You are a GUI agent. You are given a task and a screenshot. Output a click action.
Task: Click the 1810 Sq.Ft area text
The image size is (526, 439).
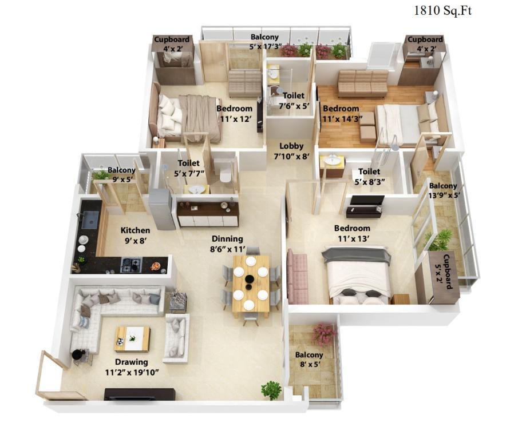click(443, 11)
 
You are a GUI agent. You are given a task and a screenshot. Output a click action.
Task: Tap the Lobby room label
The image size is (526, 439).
click(291, 146)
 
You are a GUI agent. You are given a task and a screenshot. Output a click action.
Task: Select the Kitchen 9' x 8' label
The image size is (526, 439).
click(135, 236)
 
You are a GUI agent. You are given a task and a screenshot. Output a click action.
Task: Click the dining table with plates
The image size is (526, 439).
click(251, 285)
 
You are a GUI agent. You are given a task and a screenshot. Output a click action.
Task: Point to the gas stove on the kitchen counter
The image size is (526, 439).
click(131, 265)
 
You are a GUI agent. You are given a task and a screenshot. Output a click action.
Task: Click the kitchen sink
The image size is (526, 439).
click(90, 220)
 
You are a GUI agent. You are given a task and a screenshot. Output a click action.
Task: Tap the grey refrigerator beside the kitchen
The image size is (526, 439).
click(162, 209)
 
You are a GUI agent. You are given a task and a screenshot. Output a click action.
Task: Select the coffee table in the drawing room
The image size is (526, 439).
click(133, 339)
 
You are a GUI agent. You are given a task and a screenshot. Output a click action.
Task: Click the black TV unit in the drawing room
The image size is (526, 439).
click(140, 394)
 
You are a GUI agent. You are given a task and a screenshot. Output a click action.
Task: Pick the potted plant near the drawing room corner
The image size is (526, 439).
click(271, 390)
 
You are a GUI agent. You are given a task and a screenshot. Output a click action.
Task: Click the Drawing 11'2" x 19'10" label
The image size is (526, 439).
click(132, 367)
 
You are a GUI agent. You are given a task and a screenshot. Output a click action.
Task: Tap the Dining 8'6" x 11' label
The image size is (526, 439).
click(227, 244)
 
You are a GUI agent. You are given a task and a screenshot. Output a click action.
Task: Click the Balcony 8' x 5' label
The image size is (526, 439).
click(309, 359)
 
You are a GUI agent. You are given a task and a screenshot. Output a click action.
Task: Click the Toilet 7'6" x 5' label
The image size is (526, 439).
click(294, 101)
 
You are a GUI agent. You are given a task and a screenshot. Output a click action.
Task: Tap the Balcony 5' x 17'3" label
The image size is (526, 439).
click(264, 41)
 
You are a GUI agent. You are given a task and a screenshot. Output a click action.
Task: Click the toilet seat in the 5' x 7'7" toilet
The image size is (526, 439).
click(225, 176)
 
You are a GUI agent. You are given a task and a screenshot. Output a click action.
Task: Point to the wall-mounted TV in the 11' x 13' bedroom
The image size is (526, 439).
click(367, 200)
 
